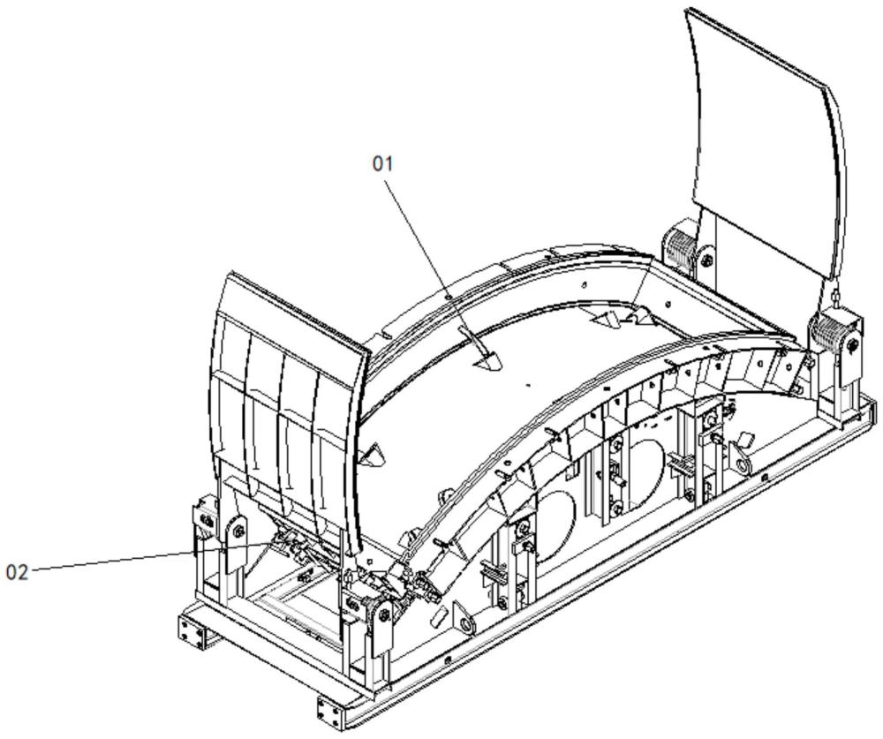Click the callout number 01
(382, 163)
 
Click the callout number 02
(18, 571)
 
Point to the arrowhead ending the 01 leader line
(487, 363)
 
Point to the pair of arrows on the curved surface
(618, 314)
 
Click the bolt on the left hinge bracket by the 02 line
(237, 532)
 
